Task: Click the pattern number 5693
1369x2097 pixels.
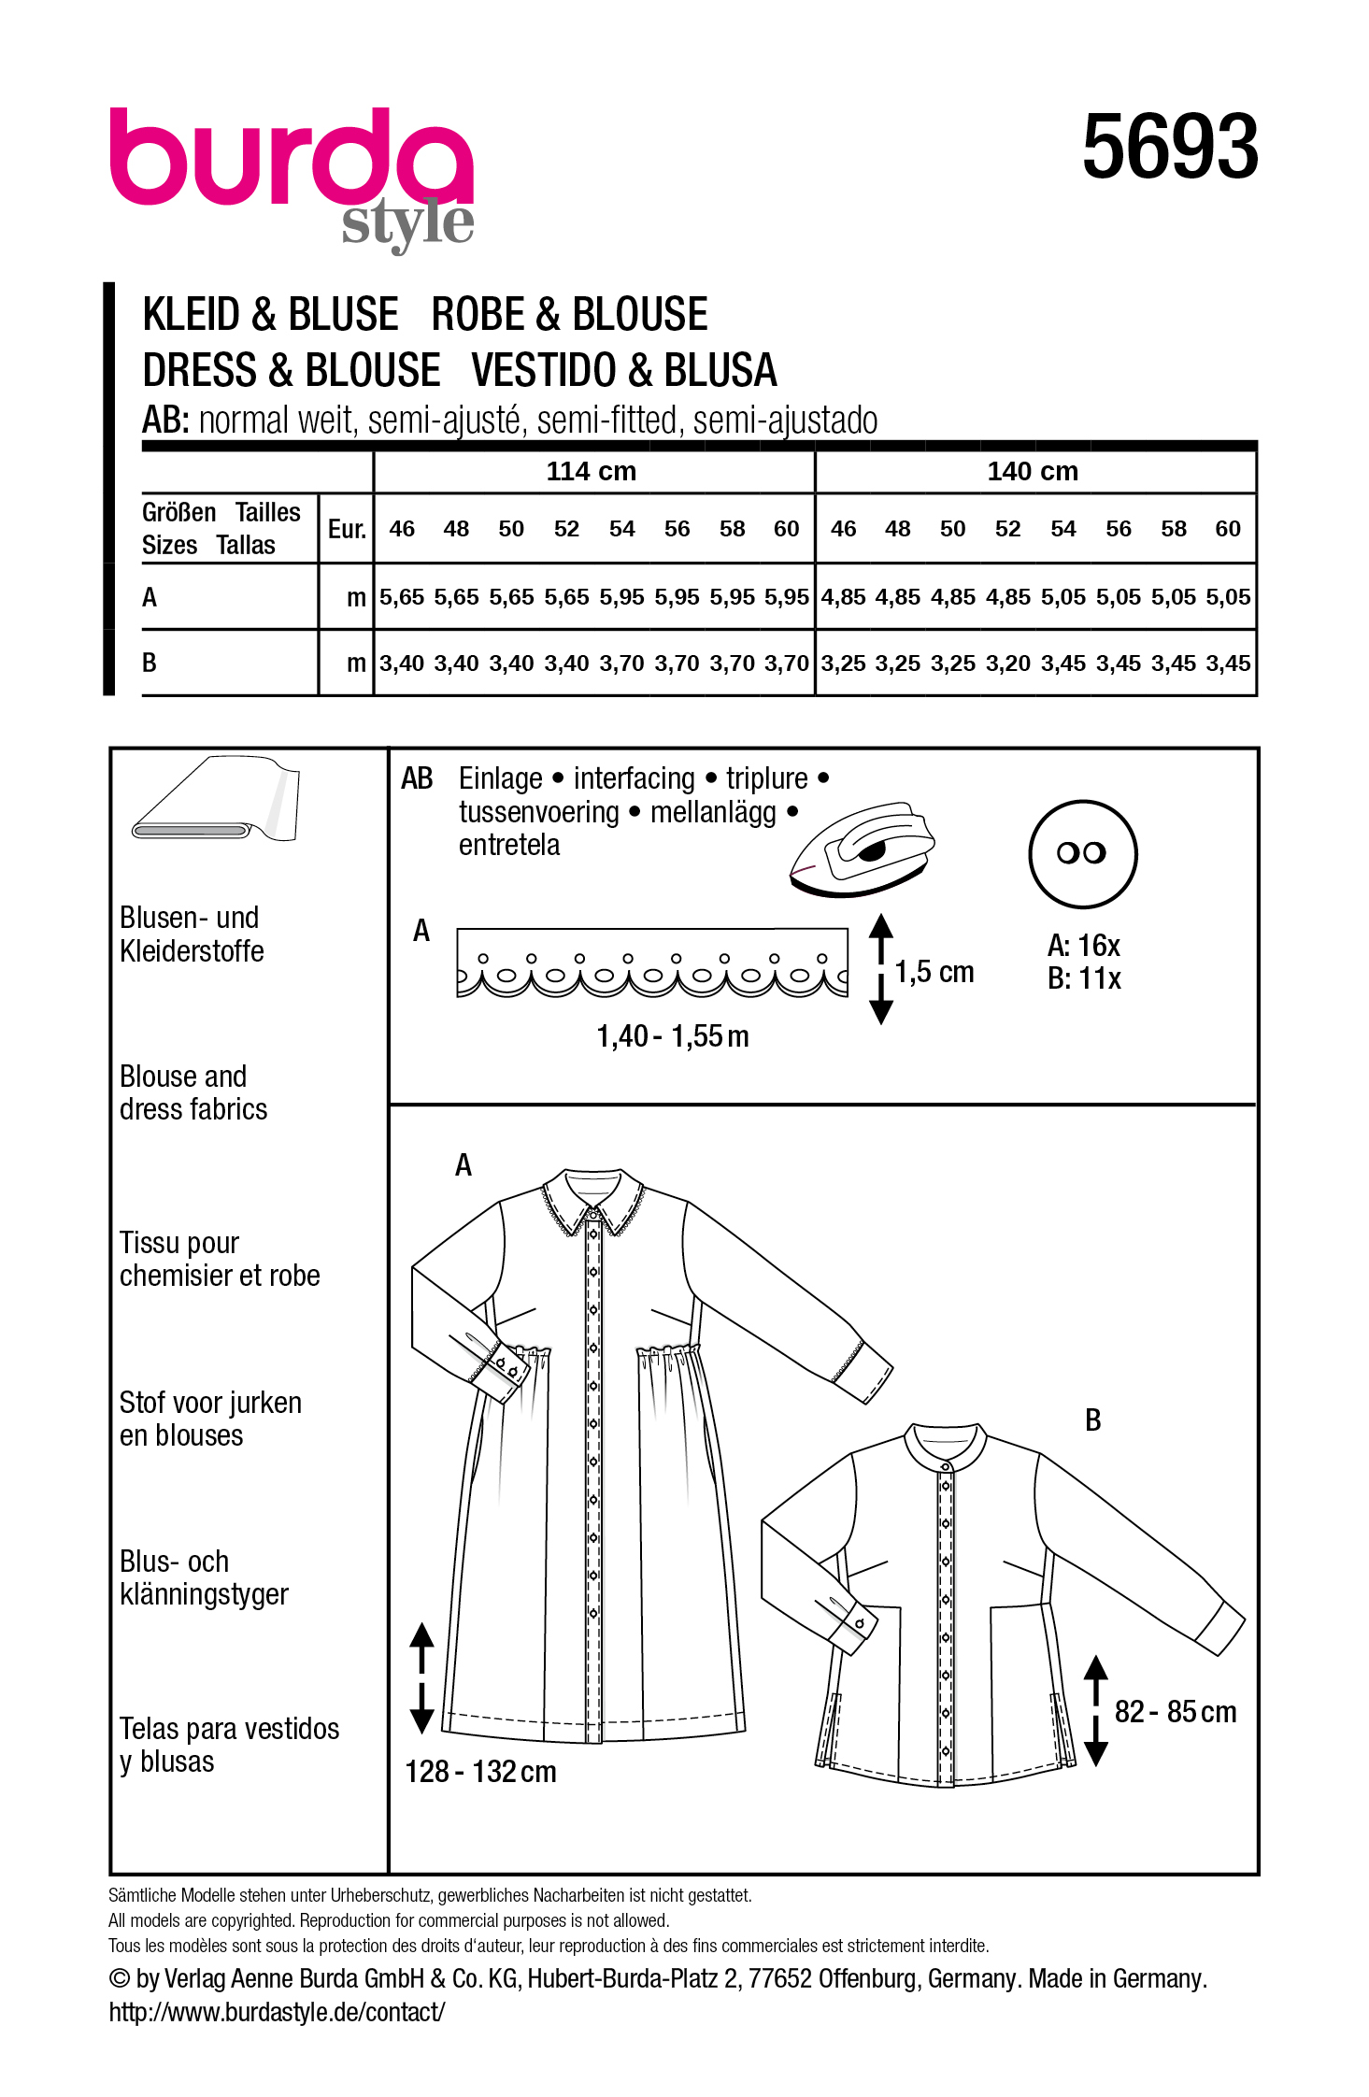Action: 1170,147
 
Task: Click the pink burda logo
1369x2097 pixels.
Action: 291,158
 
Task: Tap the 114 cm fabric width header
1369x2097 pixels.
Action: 591,471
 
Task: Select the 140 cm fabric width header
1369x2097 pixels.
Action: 1033,471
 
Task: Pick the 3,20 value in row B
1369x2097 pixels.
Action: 1008,663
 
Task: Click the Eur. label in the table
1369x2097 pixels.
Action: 347,529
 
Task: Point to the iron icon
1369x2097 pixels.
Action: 862,849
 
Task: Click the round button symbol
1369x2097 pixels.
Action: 1082,853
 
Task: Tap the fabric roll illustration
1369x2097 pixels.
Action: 217,801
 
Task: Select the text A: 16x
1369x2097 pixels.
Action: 1083,946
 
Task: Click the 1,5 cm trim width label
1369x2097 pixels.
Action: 934,972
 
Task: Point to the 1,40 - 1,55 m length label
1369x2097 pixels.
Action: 673,1036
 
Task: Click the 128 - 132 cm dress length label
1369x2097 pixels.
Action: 480,1772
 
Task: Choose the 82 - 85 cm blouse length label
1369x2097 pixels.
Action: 1175,1712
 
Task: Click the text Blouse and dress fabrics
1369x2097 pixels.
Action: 193,1092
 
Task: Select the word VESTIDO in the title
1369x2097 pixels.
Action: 543,370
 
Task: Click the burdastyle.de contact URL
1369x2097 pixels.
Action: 277,2012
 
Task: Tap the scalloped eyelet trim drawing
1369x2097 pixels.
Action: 652,963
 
